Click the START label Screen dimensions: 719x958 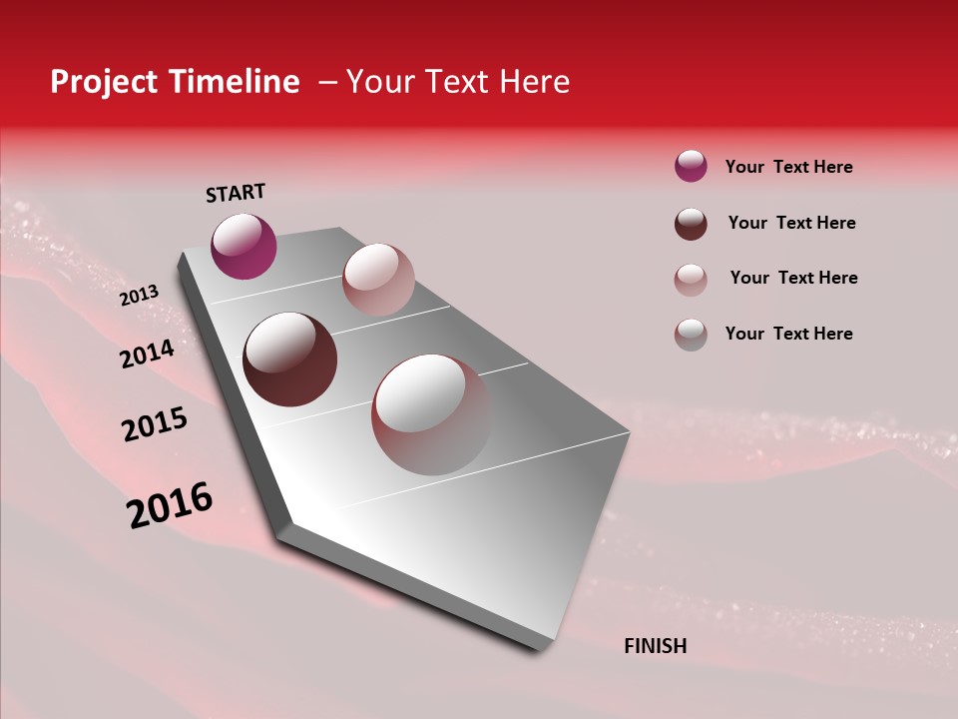click(x=236, y=193)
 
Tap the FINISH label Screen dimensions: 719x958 click(x=655, y=646)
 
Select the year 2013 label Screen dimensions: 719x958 click(x=139, y=296)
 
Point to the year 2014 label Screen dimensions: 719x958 click(x=147, y=355)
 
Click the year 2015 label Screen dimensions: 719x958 click(x=155, y=424)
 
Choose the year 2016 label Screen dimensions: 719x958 click(x=170, y=505)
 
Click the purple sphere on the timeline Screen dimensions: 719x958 click(x=243, y=246)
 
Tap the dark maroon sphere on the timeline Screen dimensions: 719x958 click(x=289, y=359)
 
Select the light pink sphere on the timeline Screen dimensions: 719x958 click(x=378, y=279)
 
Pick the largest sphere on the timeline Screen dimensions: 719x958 click(x=431, y=414)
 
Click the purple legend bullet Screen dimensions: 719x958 click(x=691, y=166)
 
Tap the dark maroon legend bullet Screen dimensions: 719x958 click(x=691, y=224)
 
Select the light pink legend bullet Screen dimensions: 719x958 click(x=691, y=279)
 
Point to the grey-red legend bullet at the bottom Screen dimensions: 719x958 click(x=691, y=335)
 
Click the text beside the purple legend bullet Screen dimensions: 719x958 click(x=788, y=167)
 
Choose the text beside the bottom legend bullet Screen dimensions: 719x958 click(x=788, y=334)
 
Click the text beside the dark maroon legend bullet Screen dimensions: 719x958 click(x=791, y=223)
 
